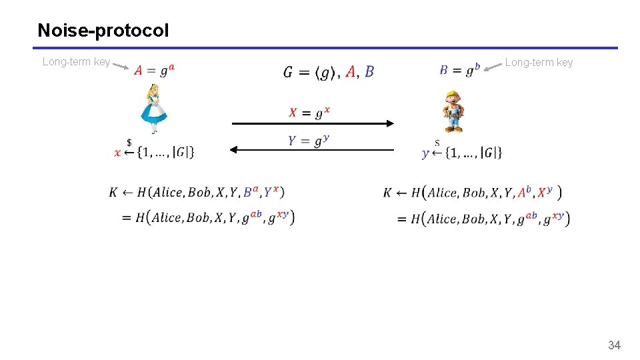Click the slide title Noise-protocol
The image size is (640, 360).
pos(103,31)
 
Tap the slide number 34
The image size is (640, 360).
pos(614,345)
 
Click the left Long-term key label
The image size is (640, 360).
pos(76,62)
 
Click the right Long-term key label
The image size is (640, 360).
pos(539,62)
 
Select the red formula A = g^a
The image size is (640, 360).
pos(155,69)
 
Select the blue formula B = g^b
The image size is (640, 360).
pos(460,69)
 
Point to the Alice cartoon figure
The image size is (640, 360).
pos(154,108)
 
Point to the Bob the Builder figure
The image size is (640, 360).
pos(454,111)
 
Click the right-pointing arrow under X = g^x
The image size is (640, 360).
pos(313,123)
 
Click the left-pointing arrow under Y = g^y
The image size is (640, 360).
pos(313,150)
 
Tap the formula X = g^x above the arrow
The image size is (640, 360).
pos(309,113)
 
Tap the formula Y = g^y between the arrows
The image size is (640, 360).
pos(309,140)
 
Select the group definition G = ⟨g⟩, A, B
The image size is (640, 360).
pos(329,71)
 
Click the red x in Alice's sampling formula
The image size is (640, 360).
pos(118,153)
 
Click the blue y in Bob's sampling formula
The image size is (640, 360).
pos(426,153)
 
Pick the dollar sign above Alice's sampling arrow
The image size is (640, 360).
pos(129,142)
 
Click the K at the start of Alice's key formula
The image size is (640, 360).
pos(113,193)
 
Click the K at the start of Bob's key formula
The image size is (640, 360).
pos(387,193)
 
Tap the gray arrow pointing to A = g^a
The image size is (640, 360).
pos(121,65)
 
